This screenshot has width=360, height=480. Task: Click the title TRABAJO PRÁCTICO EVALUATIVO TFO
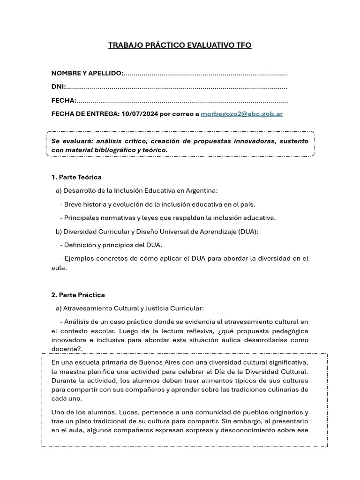[180, 45]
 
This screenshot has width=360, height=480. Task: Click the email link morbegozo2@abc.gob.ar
[241, 113]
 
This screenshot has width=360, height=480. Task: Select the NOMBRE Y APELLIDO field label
[87, 73]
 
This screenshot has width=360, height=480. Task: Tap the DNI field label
[59, 87]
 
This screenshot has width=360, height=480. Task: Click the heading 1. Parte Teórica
[76, 177]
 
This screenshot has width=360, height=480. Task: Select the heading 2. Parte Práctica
[78, 295]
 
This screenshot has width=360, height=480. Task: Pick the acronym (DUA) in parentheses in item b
[247, 231]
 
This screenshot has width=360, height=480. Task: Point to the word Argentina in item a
[202, 190]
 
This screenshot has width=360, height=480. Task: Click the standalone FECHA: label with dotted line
[64, 100]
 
